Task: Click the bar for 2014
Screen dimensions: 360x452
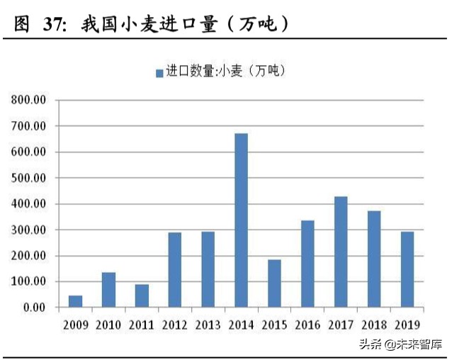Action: pyautogui.click(x=241, y=220)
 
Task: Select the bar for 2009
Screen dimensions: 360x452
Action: pyautogui.click(x=75, y=301)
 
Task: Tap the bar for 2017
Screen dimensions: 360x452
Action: pyautogui.click(x=341, y=252)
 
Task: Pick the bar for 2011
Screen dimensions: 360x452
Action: pyautogui.click(x=142, y=296)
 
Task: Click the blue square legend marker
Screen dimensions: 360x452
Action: pyautogui.click(x=159, y=72)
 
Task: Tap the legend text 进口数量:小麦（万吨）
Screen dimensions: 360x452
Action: pyautogui.click(x=225, y=72)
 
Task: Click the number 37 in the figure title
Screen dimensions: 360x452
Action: pyautogui.click(x=55, y=24)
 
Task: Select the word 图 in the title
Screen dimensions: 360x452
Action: pyautogui.click(x=23, y=24)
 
